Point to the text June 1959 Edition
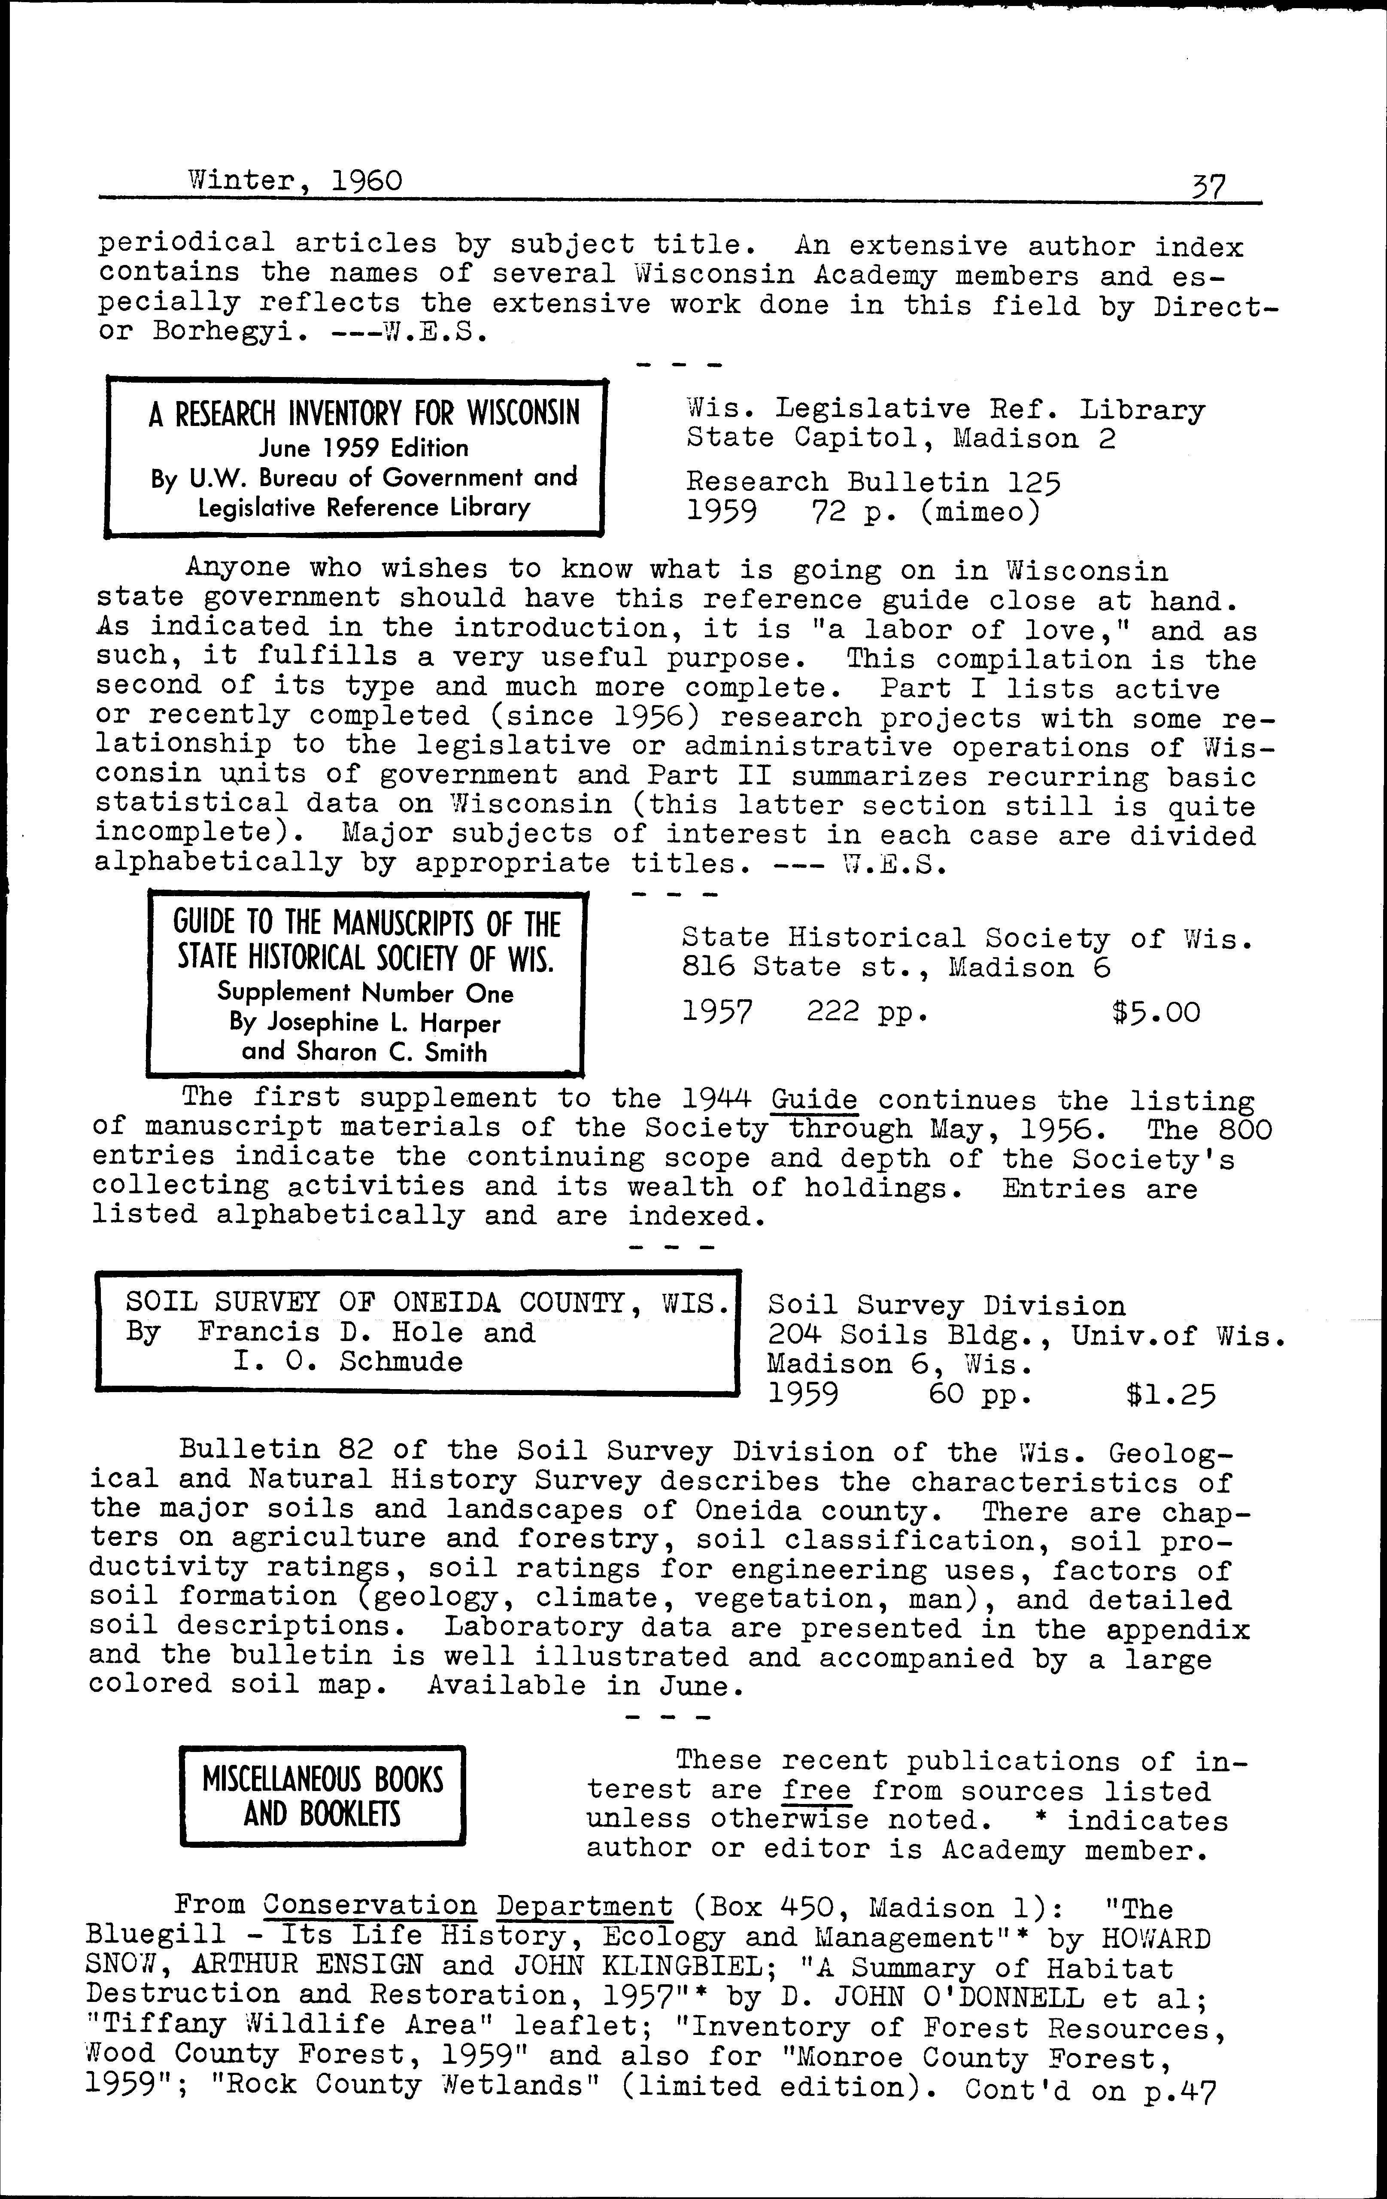click(364, 447)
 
